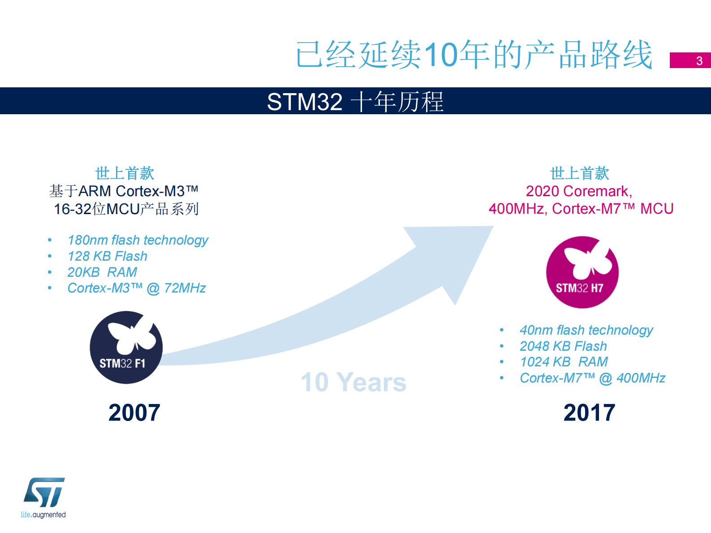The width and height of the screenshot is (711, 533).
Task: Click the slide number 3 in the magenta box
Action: [698, 60]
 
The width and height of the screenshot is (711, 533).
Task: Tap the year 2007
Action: [134, 413]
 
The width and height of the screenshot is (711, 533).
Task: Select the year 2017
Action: [589, 413]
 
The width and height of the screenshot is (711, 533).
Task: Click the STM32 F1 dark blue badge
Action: [126, 347]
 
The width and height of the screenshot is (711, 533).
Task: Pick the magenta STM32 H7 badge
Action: [582, 272]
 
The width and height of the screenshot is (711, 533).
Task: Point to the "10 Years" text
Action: [353, 382]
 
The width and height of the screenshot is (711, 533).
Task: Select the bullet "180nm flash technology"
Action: [138, 240]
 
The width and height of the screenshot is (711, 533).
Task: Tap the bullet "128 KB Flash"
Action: [107, 256]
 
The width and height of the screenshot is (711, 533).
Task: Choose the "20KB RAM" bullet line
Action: [102, 272]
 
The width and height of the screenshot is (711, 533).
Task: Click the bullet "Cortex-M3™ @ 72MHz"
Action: [136, 288]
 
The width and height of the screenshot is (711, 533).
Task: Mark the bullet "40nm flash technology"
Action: [586, 330]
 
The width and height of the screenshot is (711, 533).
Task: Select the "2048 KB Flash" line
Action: [563, 346]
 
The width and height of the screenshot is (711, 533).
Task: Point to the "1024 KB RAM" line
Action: [564, 362]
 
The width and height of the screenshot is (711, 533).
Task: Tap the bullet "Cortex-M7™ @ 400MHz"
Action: [592, 378]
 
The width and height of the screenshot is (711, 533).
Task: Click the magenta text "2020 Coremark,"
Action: [579, 191]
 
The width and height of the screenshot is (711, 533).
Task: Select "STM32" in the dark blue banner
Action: [305, 102]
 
